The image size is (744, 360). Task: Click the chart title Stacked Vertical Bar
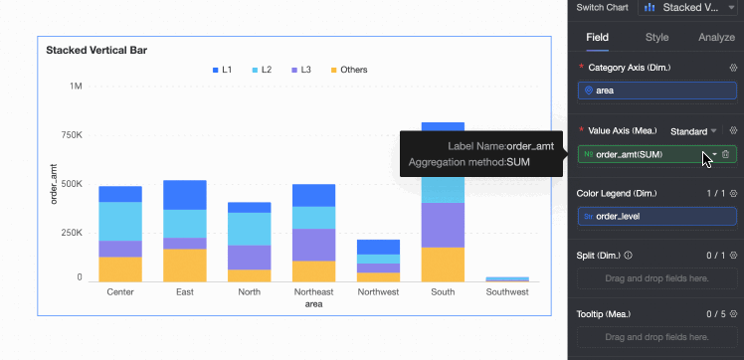coord(96,51)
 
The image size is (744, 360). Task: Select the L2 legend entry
coord(262,70)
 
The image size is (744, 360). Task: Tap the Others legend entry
coord(349,70)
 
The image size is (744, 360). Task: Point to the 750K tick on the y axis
coord(73,135)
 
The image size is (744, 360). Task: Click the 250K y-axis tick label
coord(73,234)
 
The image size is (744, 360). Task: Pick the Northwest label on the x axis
coord(378,292)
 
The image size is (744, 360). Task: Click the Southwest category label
coord(507,292)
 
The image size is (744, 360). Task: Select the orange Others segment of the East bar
coord(185,266)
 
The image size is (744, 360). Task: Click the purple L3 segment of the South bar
coord(443,226)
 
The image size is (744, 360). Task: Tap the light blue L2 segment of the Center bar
coord(120,222)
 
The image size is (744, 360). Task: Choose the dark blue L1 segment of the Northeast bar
coord(313,196)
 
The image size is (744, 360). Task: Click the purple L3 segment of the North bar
coord(249,258)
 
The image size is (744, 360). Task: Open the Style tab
coord(657,38)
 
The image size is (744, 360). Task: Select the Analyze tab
coord(716,38)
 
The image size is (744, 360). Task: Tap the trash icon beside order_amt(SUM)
coord(725,154)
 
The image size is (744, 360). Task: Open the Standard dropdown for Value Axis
coord(693,131)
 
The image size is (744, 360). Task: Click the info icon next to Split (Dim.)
coord(629,256)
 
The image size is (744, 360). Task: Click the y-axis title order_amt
coord(54,185)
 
